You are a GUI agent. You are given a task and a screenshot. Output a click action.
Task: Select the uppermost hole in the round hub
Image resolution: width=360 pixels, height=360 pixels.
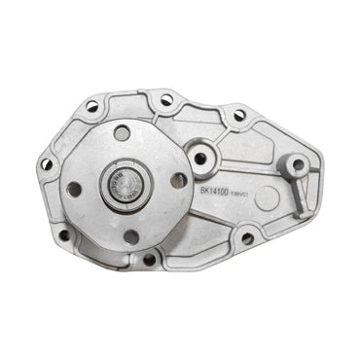click(123, 133)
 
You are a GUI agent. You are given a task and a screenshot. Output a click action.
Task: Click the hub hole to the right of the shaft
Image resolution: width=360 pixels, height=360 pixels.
click(178, 179)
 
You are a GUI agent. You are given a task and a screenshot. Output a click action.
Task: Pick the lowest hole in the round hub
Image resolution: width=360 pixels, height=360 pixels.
click(130, 235)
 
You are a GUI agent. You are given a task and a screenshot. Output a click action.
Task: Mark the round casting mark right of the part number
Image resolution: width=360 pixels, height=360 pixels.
click(265, 193)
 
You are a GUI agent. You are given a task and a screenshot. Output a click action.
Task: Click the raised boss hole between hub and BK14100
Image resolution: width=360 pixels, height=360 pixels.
click(200, 158)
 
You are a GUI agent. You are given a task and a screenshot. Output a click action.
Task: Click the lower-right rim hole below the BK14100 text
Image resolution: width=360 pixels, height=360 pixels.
click(247, 237)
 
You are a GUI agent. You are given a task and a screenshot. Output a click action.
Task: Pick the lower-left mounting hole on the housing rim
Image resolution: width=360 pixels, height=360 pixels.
click(64, 234)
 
